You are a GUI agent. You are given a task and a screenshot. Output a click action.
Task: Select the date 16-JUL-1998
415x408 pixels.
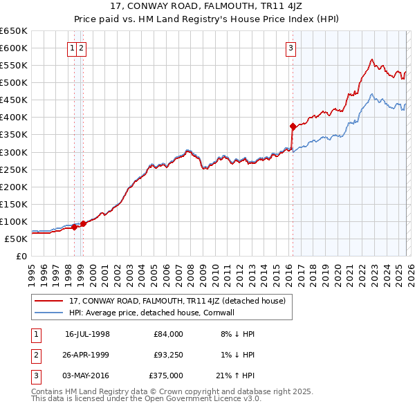(87, 334)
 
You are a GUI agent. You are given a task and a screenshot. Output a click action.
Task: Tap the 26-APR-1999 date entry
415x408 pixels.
(87, 355)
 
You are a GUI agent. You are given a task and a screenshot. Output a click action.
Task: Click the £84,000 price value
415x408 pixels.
(168, 334)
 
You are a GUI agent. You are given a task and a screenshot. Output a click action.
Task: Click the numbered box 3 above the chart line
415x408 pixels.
(291, 48)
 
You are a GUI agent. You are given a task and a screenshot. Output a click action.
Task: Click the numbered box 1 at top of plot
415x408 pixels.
(73, 48)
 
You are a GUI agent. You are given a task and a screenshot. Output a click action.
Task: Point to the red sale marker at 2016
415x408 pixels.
(293, 126)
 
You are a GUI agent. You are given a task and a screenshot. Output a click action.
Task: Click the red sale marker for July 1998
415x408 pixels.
(75, 227)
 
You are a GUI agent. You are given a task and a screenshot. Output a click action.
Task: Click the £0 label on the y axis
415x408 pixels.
(21, 256)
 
